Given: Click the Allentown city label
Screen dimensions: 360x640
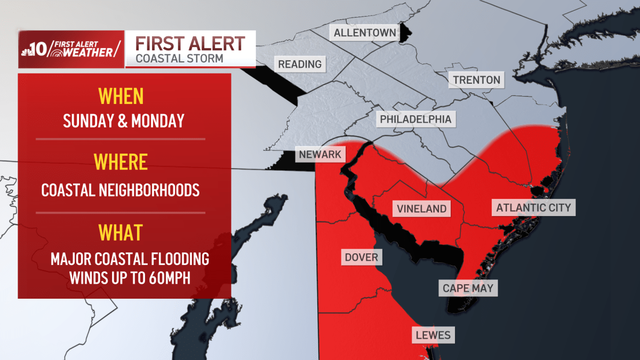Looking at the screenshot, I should (x=365, y=33).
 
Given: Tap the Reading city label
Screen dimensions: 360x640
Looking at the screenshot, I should (x=300, y=65).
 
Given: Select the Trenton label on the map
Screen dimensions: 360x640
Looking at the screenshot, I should (x=476, y=81).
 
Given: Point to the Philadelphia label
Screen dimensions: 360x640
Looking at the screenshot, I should (x=415, y=119).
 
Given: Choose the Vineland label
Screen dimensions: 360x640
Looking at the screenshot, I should (x=421, y=208).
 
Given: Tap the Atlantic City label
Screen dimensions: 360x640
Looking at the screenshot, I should (x=533, y=207).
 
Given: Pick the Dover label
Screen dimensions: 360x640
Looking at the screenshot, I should (x=361, y=258).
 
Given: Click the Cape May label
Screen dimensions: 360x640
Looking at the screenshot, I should (x=468, y=289).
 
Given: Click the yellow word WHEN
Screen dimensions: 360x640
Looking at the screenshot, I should (x=121, y=97).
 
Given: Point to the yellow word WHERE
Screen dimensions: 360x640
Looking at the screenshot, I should (x=121, y=162).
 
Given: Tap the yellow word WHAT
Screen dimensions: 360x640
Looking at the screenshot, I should (x=121, y=233).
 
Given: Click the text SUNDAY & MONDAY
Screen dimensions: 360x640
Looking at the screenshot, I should (x=124, y=121).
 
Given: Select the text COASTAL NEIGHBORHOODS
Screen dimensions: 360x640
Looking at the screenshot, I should (x=121, y=190).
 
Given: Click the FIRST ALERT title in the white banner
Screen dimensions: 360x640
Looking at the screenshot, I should (x=190, y=43).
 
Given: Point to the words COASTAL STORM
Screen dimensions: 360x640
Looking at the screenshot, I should (x=179, y=58).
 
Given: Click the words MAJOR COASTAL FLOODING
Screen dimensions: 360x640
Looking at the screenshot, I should (x=130, y=259).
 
